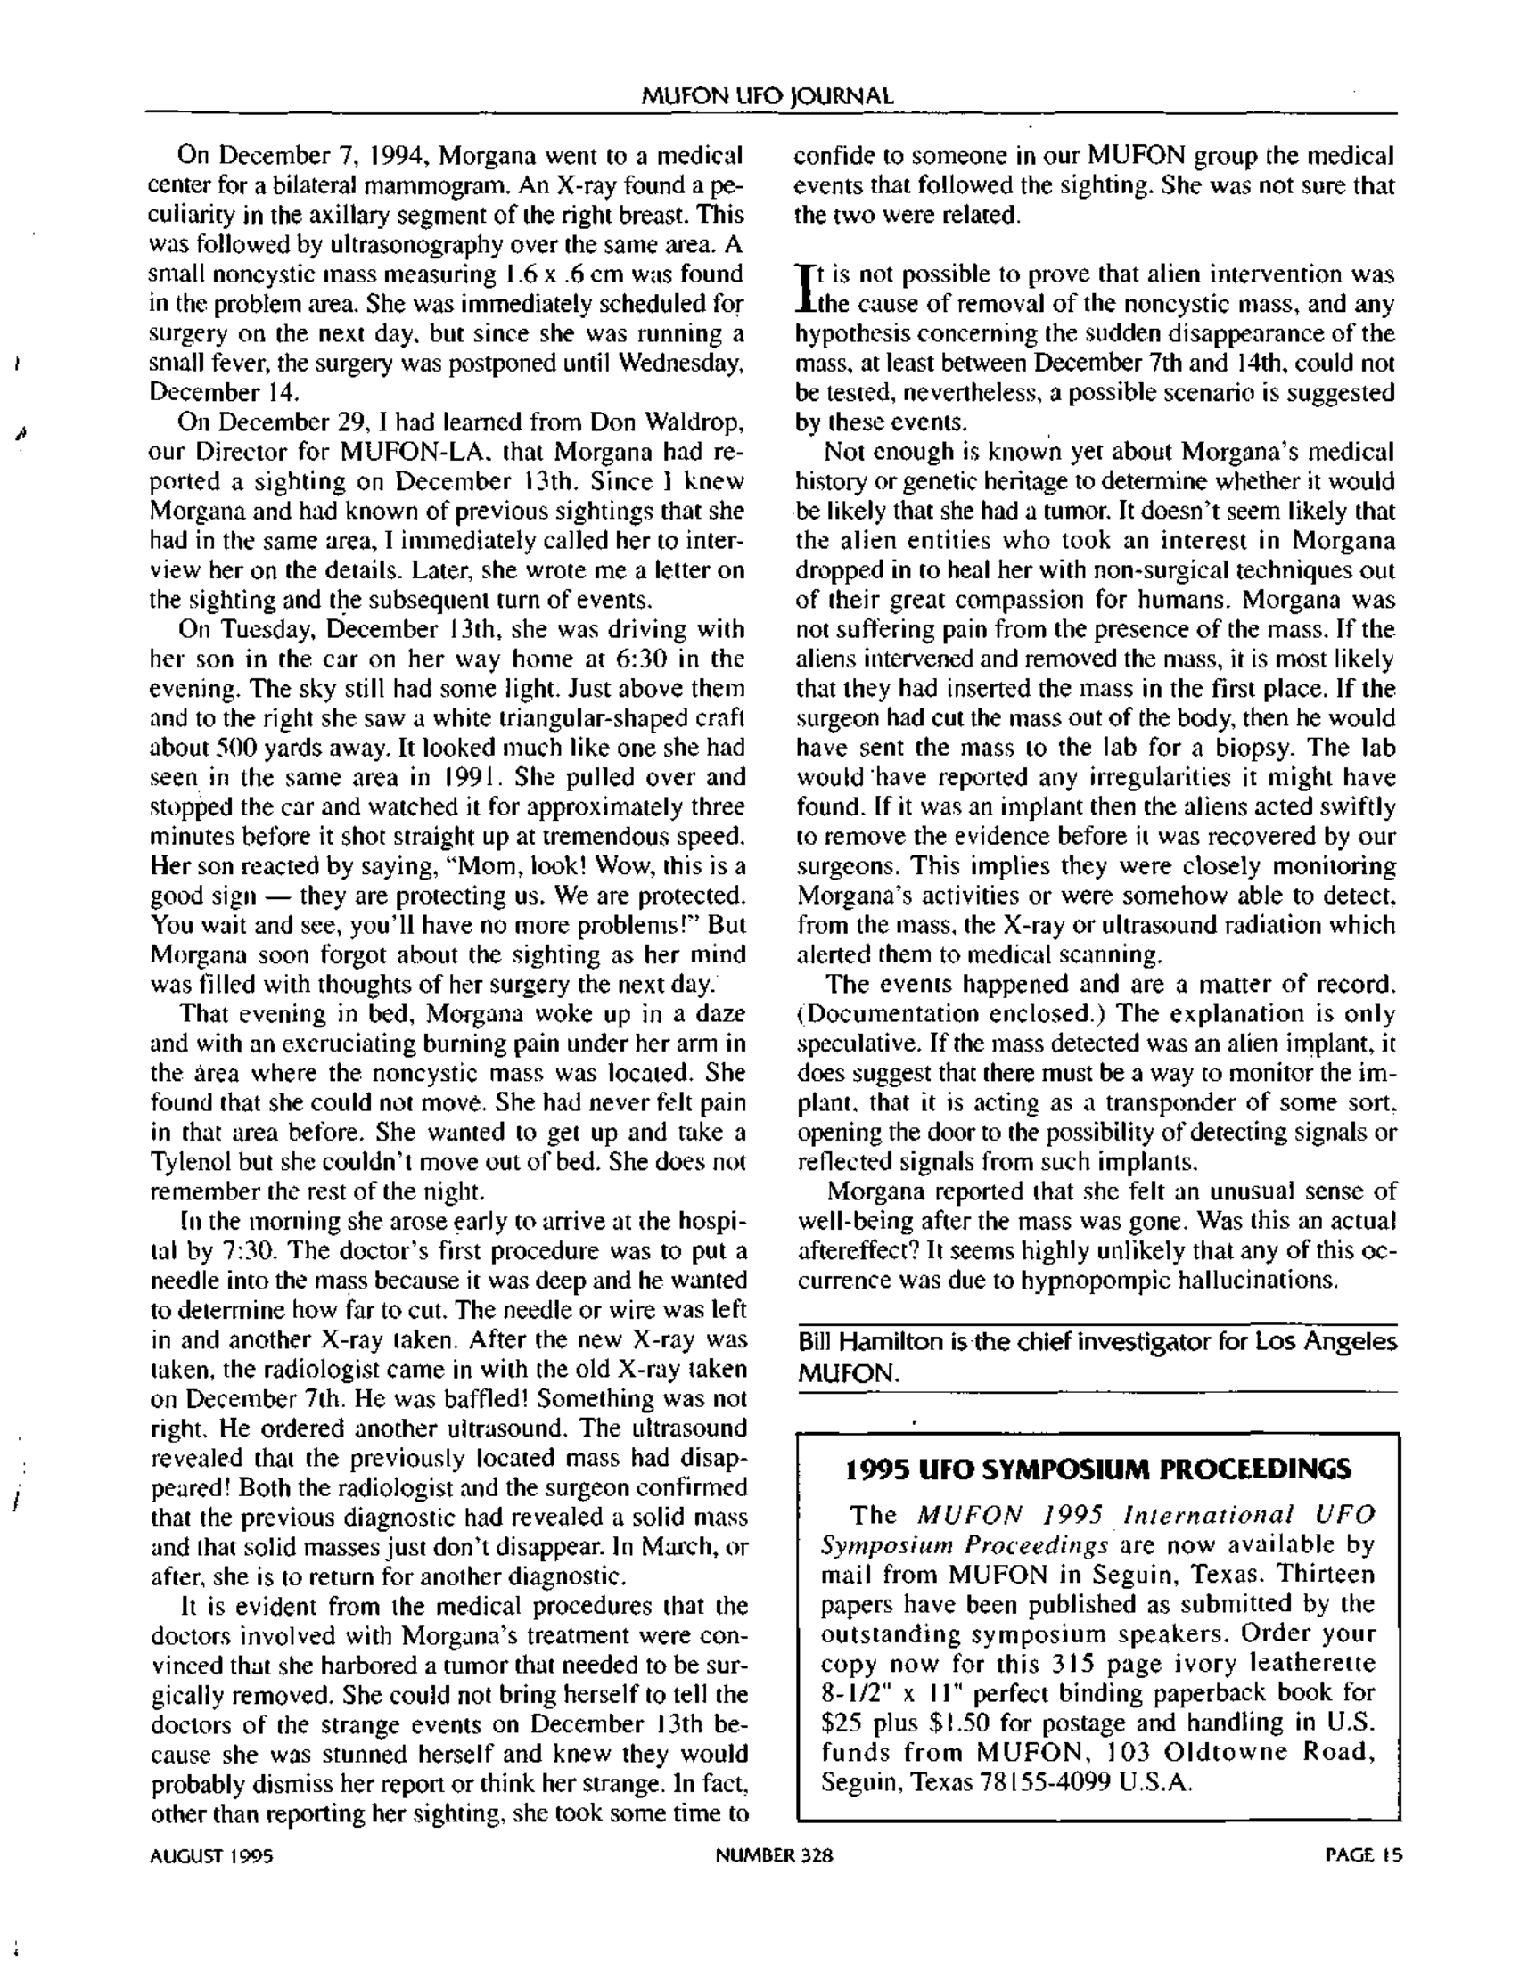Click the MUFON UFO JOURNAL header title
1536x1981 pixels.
767,96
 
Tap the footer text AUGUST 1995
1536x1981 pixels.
211,1856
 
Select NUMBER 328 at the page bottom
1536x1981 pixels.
773,1856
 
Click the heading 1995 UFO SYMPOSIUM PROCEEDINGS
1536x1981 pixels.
1097,1469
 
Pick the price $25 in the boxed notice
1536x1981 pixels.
839,1723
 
